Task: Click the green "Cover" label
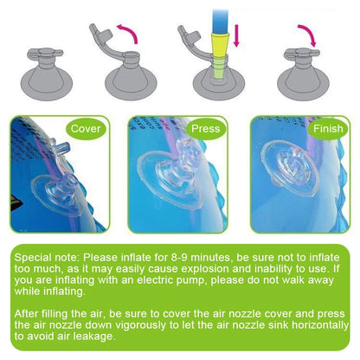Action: [86, 129]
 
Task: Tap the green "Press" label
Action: [205, 129]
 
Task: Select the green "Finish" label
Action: [328, 129]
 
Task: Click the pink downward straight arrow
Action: [236, 35]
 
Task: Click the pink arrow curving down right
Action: [309, 32]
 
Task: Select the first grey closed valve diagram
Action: [46, 72]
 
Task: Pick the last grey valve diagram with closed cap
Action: [303, 74]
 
